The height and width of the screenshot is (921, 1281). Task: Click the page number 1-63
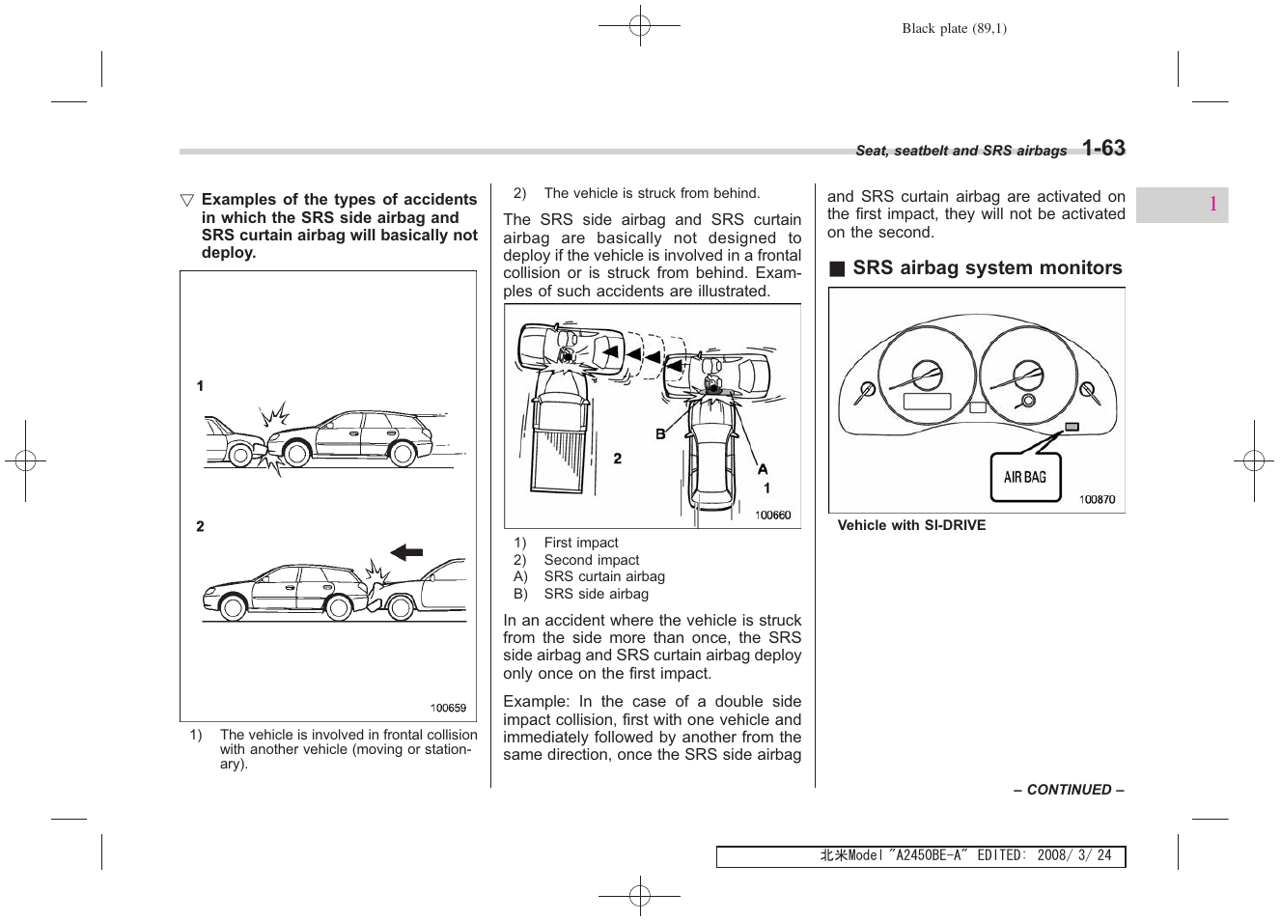click(1102, 148)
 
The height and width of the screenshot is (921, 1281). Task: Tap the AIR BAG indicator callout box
click(1024, 477)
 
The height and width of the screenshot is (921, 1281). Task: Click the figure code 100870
click(1096, 499)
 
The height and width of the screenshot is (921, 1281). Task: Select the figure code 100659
click(448, 708)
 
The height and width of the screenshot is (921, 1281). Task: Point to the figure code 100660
click(772, 516)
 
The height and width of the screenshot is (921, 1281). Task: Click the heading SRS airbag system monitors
click(987, 268)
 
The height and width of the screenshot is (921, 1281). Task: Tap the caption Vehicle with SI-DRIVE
click(911, 526)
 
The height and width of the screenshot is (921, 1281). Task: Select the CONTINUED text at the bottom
click(1068, 790)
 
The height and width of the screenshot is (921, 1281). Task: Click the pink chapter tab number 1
click(1211, 205)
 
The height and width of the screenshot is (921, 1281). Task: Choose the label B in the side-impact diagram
click(661, 434)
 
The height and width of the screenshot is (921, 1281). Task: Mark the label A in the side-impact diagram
click(762, 469)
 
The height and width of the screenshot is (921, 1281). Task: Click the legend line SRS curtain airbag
click(603, 577)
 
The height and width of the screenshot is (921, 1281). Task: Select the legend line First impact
click(580, 543)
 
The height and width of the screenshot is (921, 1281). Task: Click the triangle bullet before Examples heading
click(187, 201)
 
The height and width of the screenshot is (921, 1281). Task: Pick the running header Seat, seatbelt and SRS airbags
click(961, 151)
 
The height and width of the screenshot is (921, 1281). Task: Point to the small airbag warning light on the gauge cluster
click(1072, 427)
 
